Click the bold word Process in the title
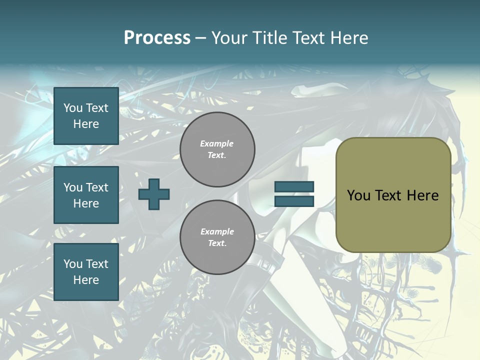coord(157,38)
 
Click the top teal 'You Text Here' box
coord(86,116)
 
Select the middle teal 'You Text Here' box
coord(86,195)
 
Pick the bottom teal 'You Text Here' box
coord(86,272)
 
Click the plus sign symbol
coord(154,194)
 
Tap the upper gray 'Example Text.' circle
coord(217,149)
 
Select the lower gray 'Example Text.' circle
coord(217,237)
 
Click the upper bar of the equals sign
coord(294,187)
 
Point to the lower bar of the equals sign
coord(294,201)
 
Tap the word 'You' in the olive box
coord(358,195)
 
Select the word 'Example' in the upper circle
coord(217,143)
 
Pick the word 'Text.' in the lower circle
coord(217,243)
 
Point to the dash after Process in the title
coord(200,38)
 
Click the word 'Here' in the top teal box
coord(86,124)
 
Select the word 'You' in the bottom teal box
coord(73,264)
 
